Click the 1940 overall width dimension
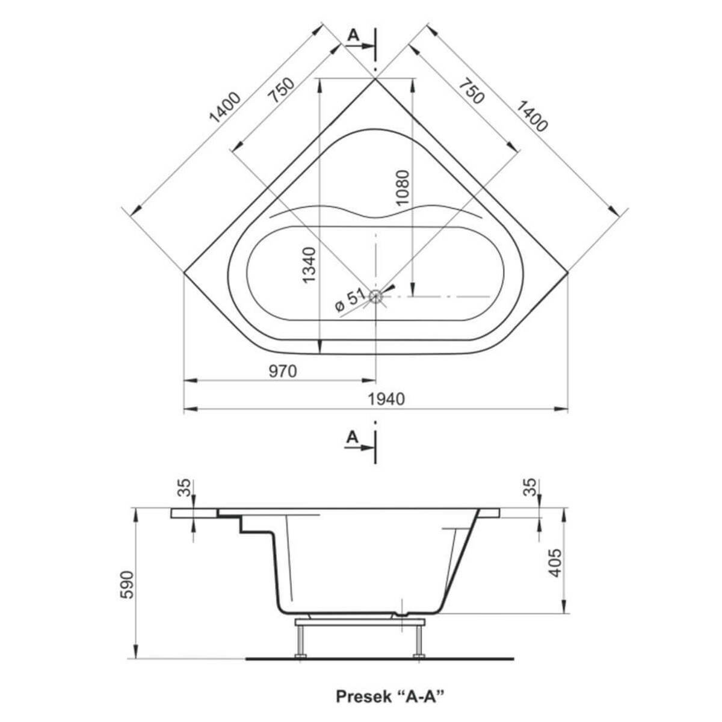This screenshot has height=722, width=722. [x=386, y=400]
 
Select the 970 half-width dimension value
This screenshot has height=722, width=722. [x=283, y=371]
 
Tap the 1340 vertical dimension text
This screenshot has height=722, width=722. [x=309, y=265]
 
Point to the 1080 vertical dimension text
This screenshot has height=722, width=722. [x=403, y=187]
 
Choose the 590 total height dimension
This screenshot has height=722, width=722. [x=129, y=585]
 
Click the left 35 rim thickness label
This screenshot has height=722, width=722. [x=184, y=488]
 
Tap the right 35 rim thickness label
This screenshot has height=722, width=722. [x=530, y=487]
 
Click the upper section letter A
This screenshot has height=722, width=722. [x=353, y=35]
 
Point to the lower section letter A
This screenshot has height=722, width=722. [x=352, y=437]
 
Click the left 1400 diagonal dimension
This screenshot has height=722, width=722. [x=224, y=108]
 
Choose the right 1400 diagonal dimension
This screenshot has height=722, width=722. [x=532, y=116]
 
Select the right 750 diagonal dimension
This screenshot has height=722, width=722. [x=472, y=90]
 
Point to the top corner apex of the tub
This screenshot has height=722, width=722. [x=375, y=79]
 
